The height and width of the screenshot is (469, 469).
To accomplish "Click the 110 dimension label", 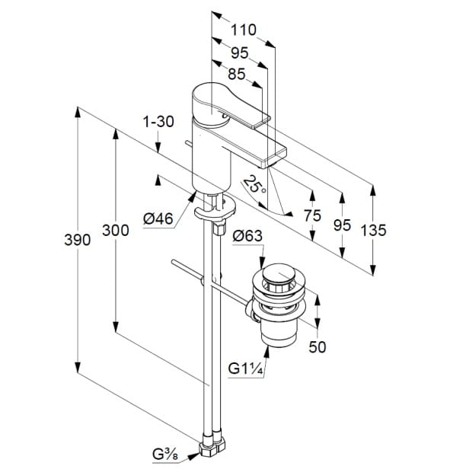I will (243, 30).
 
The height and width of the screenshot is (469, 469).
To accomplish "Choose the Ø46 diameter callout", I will (158, 219).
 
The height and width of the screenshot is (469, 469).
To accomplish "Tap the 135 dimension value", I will (375, 229).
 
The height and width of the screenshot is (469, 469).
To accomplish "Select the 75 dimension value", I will (312, 215).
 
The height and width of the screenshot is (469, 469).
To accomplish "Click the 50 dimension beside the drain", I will (317, 346).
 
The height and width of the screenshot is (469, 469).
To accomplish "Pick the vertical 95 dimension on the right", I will (343, 225).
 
